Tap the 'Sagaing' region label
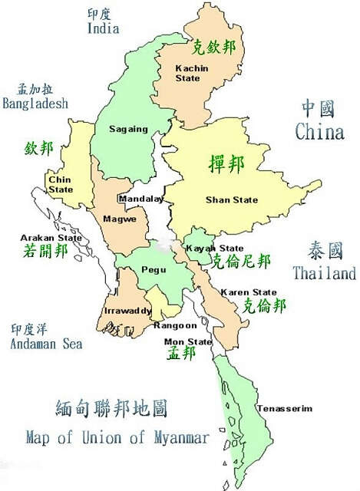click(128, 129)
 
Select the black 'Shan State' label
click(232, 199)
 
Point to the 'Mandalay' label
click(140, 199)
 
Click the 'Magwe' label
click(120, 219)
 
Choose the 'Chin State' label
click(61, 184)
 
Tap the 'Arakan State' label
click(51, 238)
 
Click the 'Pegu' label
click(154, 271)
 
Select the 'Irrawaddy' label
click(127, 311)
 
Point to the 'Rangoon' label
click(176, 325)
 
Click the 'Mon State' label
click(189, 341)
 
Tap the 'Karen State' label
click(249, 292)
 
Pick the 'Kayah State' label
click(215, 248)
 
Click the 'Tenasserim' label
click(285, 408)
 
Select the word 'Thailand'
click(324, 273)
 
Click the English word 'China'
click(319, 132)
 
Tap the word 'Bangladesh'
click(35, 103)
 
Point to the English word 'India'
click(103, 29)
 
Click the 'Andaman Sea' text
click(46, 344)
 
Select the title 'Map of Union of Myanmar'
click(117, 437)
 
